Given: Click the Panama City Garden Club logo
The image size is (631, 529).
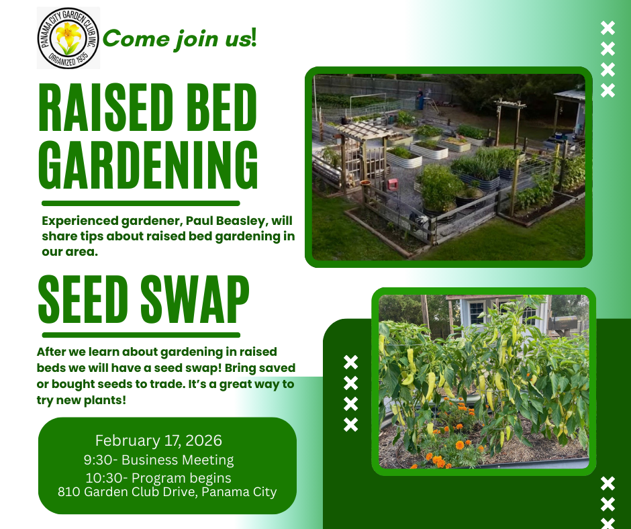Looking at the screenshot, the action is point(68,38).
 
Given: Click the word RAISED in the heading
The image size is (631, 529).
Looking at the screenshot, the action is point(106,107).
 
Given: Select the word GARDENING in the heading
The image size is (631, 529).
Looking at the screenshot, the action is point(148,164).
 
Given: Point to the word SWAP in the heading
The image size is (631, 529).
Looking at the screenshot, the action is point(195,299).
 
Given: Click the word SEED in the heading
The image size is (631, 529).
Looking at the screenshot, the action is point(83,299).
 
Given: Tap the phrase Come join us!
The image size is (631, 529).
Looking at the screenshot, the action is point(179,40).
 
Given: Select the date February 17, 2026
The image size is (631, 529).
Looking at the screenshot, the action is point(158,440).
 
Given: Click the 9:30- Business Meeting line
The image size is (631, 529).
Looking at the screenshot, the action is point(158,460).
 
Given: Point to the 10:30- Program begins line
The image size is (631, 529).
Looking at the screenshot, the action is point(158,478).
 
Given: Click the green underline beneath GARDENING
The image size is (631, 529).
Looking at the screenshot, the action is point(141,203).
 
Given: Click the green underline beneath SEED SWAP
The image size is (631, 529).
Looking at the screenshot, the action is point(141,335).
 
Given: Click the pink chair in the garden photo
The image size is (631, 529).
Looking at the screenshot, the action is point(393,185).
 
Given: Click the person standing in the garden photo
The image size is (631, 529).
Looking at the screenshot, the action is point(420,99).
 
